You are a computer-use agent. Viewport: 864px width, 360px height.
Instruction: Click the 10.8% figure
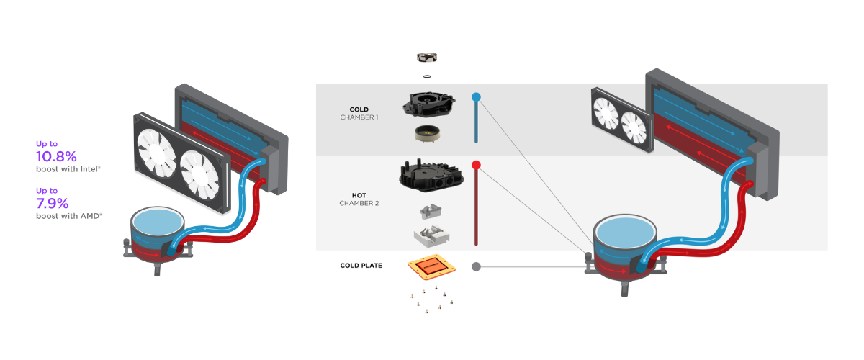(x=56, y=156)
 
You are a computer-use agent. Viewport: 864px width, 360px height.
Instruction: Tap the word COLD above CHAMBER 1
(x=359, y=109)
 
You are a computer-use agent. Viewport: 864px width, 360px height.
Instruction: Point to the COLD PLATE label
(x=361, y=266)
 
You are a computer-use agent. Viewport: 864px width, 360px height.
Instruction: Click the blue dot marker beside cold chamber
(x=476, y=96)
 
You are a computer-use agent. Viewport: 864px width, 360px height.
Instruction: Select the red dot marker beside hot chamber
(x=476, y=166)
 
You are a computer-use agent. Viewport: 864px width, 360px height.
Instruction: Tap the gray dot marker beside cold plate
(x=476, y=266)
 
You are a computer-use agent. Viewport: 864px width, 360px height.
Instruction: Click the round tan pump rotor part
(x=427, y=132)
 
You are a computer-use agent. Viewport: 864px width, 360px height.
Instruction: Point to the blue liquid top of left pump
(x=158, y=220)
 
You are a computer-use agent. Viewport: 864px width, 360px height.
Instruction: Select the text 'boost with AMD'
(x=69, y=215)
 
